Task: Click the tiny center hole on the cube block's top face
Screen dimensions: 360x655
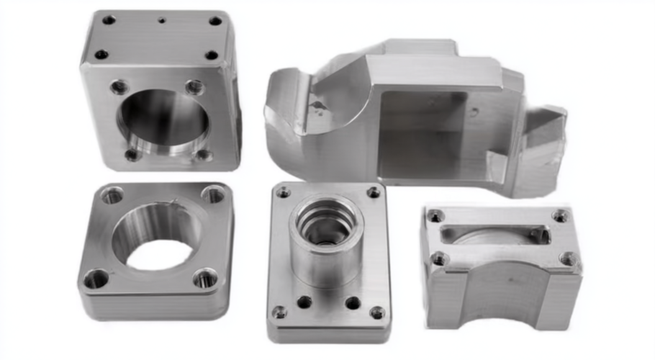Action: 161,20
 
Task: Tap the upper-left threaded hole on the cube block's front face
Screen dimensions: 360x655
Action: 119,87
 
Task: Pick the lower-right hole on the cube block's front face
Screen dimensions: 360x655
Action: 204,154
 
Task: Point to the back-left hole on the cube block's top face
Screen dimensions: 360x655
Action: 109,19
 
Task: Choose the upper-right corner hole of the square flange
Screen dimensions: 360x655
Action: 212,194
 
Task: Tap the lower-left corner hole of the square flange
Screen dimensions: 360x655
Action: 96,279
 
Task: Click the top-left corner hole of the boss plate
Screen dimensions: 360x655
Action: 284,192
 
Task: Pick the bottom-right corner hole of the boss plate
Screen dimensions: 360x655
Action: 376,312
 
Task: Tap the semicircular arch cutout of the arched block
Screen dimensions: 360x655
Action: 503,288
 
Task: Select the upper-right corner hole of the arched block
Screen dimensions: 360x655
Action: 560,215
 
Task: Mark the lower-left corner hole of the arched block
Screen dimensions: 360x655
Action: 438,258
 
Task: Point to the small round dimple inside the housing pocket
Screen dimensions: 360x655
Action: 474,112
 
